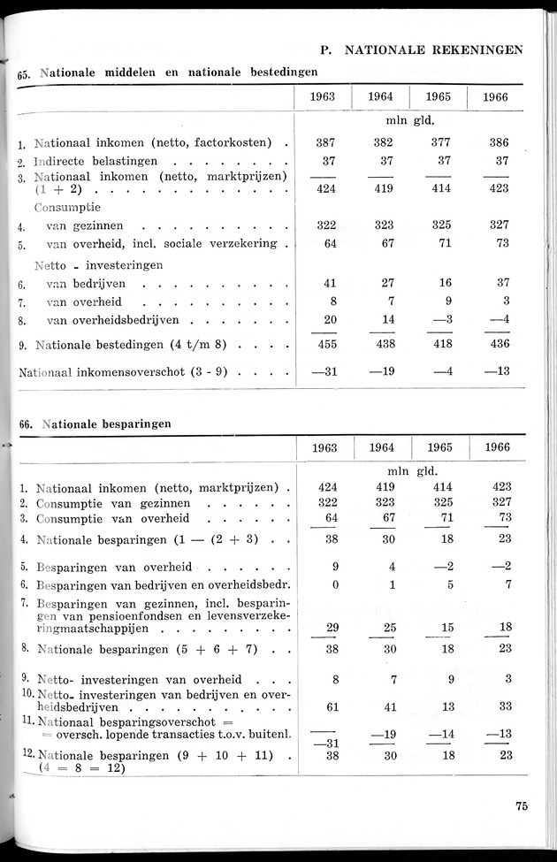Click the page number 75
click(x=521, y=805)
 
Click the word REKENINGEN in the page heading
click(x=478, y=50)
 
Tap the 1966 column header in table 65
click(x=496, y=97)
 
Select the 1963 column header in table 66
click(x=324, y=447)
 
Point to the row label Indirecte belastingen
click(x=95, y=162)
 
